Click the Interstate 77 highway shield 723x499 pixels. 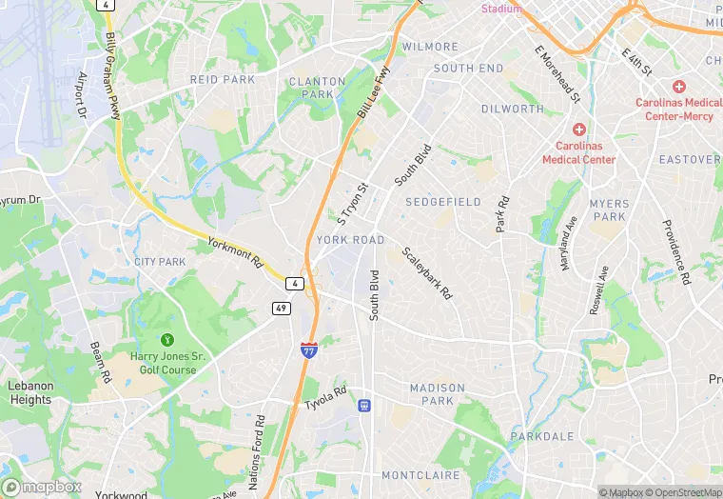click(x=309, y=350)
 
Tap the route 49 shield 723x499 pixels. click(x=281, y=307)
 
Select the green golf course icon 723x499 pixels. click(x=168, y=339)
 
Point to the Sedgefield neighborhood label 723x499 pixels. click(x=443, y=202)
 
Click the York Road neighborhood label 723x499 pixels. click(x=351, y=240)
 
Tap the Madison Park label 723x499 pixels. click(x=438, y=394)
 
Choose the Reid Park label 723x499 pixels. click(x=223, y=80)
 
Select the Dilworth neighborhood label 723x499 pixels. click(x=512, y=110)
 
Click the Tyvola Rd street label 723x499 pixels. click(x=325, y=398)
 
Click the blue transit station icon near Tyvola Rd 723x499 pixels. click(x=363, y=406)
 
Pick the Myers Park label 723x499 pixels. click(x=609, y=210)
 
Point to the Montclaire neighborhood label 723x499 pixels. click(x=421, y=475)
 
